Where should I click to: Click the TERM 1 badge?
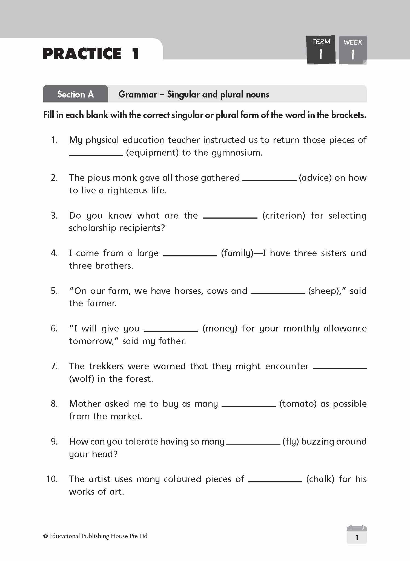(321, 50)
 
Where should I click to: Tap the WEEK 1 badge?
(353, 50)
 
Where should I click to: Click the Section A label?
(75, 94)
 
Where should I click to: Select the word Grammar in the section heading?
(137, 95)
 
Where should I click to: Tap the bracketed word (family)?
(237, 253)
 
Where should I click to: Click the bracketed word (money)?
(220, 329)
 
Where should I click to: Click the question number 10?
(52, 479)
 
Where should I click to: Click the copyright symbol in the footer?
(45, 536)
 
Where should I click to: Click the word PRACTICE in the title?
(82, 54)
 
